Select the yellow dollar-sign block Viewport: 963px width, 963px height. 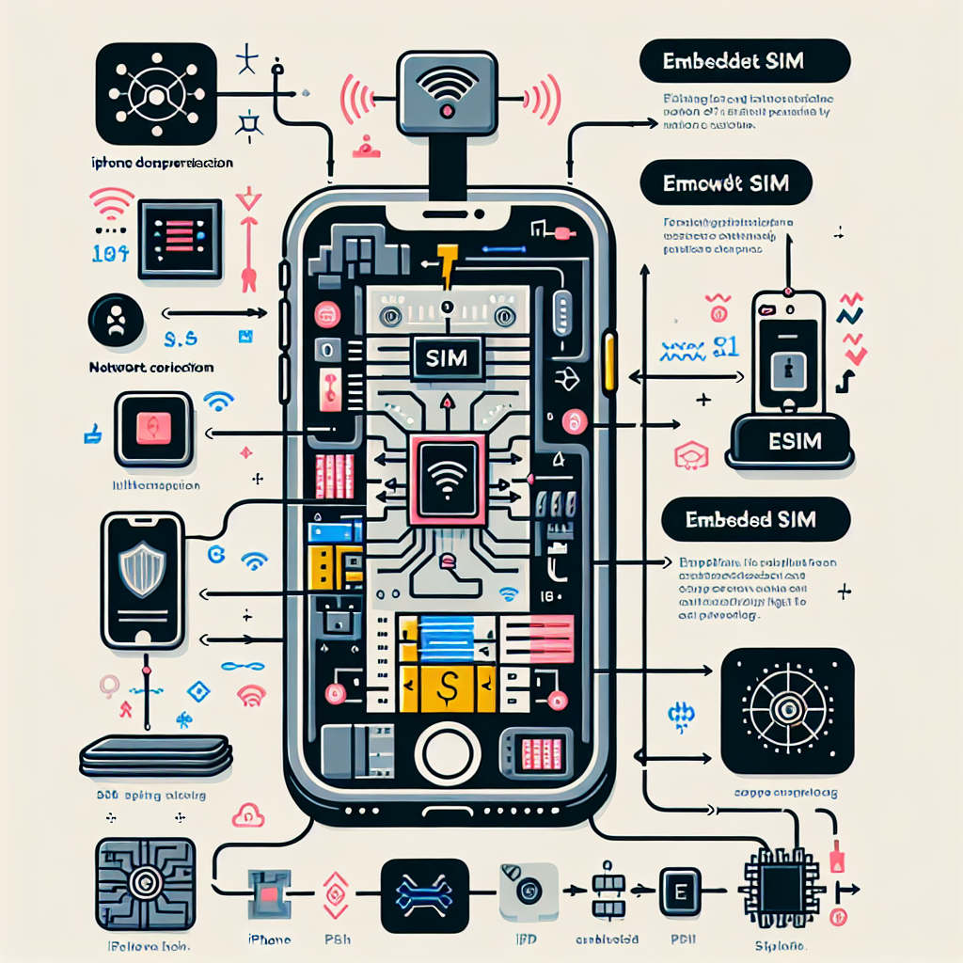pyautogui.click(x=449, y=683)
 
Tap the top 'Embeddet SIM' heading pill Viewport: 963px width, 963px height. pyautogui.click(x=744, y=63)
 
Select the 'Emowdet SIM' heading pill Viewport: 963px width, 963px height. pyautogui.click(x=726, y=183)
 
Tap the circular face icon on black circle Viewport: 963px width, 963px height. pyautogui.click(x=117, y=323)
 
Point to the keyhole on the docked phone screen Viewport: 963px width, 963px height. pyautogui.click(x=788, y=370)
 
